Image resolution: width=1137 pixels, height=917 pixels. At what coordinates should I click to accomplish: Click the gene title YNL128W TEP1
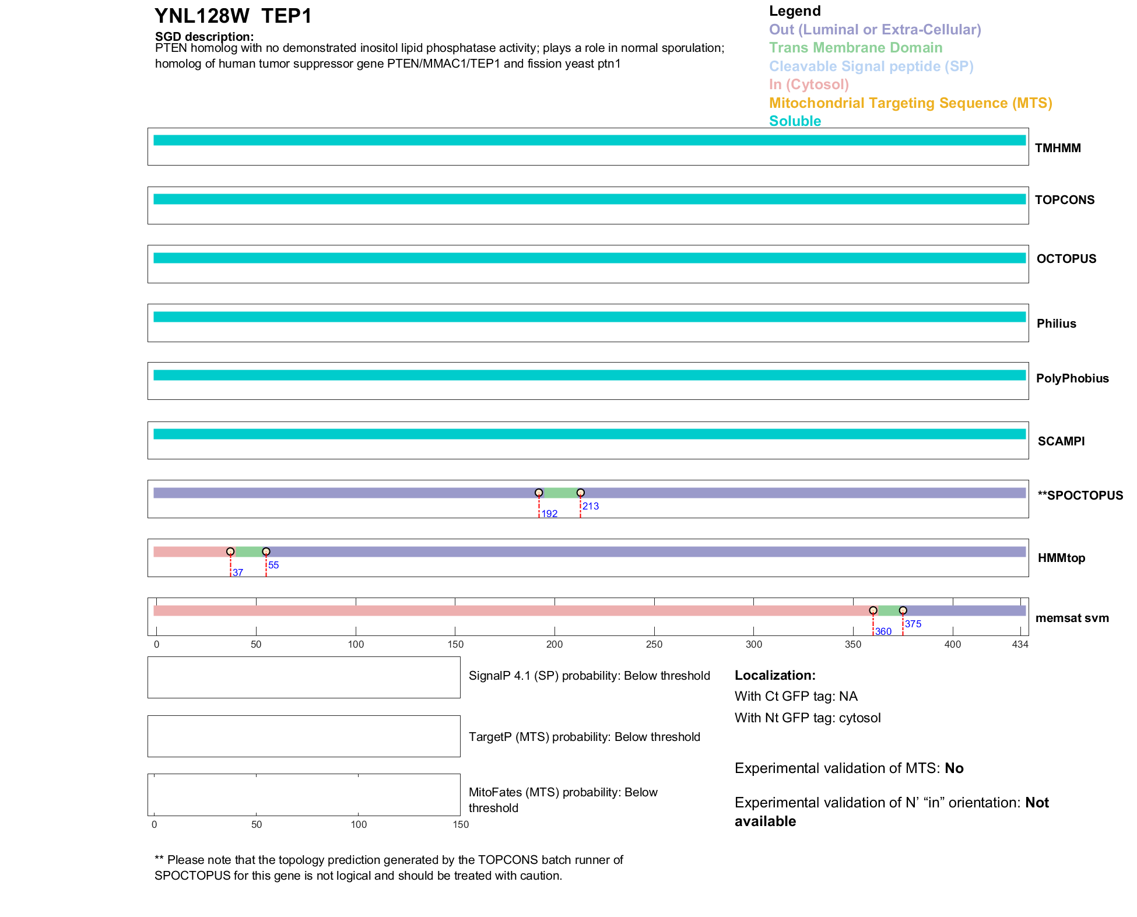[x=233, y=16]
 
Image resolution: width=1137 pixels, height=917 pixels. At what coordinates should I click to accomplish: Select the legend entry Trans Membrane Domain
[x=855, y=48]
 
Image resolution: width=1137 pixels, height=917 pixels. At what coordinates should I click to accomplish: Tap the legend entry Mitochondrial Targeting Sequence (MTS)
[x=910, y=103]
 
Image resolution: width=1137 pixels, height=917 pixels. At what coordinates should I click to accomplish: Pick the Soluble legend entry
[x=795, y=121]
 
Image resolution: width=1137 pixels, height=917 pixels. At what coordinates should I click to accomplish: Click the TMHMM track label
[x=1057, y=148]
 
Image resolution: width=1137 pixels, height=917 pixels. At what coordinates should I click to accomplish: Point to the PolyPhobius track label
[x=1072, y=378]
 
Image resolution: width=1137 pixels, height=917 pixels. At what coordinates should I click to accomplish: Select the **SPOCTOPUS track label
[x=1080, y=496]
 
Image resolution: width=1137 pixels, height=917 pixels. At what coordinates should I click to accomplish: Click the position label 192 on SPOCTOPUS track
[x=549, y=514]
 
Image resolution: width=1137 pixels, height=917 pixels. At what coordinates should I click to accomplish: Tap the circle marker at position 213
[x=580, y=493]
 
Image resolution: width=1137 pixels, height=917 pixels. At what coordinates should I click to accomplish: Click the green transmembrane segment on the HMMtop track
[x=248, y=552]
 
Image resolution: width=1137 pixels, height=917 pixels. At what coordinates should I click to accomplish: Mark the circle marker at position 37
[x=230, y=552]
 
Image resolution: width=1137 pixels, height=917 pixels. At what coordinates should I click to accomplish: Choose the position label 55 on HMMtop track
[x=273, y=565]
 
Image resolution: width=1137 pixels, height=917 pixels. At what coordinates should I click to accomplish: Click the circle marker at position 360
[x=873, y=611]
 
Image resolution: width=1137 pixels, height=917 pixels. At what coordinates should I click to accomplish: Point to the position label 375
[x=913, y=624]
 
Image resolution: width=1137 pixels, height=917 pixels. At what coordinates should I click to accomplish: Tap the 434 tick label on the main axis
[x=1020, y=645]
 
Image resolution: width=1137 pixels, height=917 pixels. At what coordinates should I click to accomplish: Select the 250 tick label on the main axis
[x=654, y=645]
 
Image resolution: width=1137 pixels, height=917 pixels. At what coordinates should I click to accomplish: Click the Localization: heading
[x=775, y=676]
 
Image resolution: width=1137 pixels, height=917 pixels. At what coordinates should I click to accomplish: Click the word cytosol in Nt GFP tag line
[x=859, y=718]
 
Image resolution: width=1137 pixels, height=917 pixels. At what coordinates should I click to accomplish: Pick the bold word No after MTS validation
[x=954, y=768]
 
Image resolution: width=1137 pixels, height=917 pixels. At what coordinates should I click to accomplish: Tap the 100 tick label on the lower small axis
[x=359, y=825]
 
